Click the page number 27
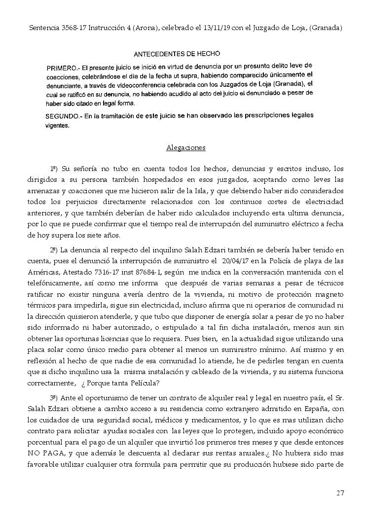pos(340,493)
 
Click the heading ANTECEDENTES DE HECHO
pos(178,53)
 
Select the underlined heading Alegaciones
pos(186,147)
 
